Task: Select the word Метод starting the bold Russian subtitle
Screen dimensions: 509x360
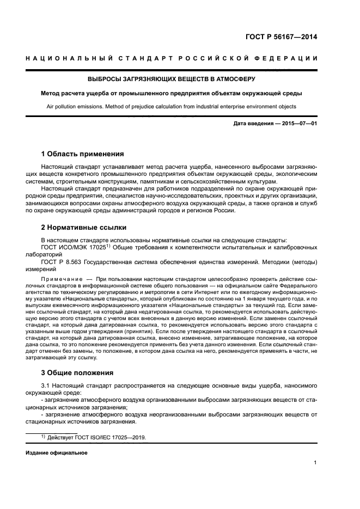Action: tap(52, 93)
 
